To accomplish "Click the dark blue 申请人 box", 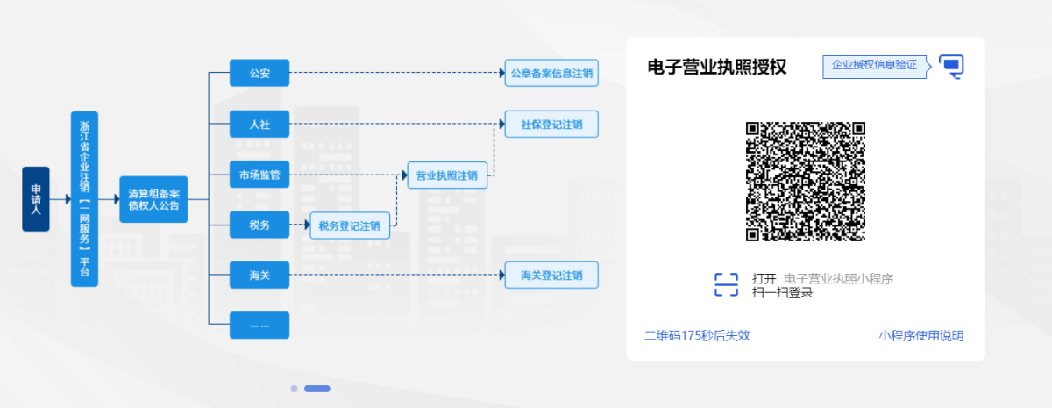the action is pos(36,199).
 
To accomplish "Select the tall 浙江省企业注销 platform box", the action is pos(84,199).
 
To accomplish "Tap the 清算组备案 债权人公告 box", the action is pos(153,199).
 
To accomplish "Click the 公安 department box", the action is pos(259,73).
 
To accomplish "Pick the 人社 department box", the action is pos(259,124).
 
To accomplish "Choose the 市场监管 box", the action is pos(259,175).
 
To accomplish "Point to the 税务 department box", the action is pos(259,225).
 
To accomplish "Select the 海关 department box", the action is pos(259,275).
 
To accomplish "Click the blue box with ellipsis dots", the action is pos(259,326).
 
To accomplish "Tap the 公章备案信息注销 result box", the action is pos(551,73).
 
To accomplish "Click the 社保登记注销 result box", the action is pos(551,124).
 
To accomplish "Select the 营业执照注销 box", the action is pos(447,175).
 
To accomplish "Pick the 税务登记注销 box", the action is pos(350,225).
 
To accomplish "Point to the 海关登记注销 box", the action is pos(551,275).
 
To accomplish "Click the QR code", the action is pos(806,182).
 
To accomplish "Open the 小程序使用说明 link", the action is pos(921,335).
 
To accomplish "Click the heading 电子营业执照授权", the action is pos(717,67).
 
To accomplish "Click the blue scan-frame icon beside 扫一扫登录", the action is pos(726,285).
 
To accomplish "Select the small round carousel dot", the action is pos(294,389).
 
